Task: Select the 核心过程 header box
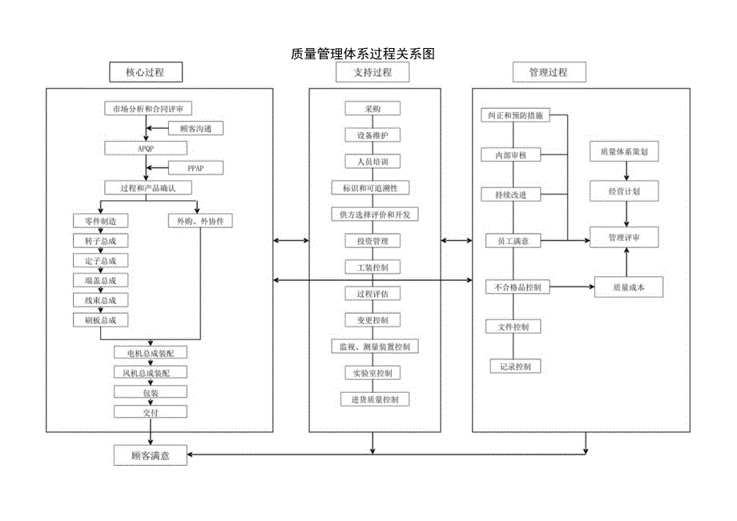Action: [145, 73]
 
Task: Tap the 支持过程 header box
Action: [373, 73]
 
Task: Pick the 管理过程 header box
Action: [548, 73]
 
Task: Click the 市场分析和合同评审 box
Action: [148, 108]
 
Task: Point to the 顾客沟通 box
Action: [195, 128]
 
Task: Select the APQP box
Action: [146, 148]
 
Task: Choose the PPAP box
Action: [195, 168]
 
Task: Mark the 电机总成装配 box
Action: [151, 353]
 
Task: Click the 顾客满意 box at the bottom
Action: [151, 455]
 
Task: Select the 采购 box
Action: [373, 109]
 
